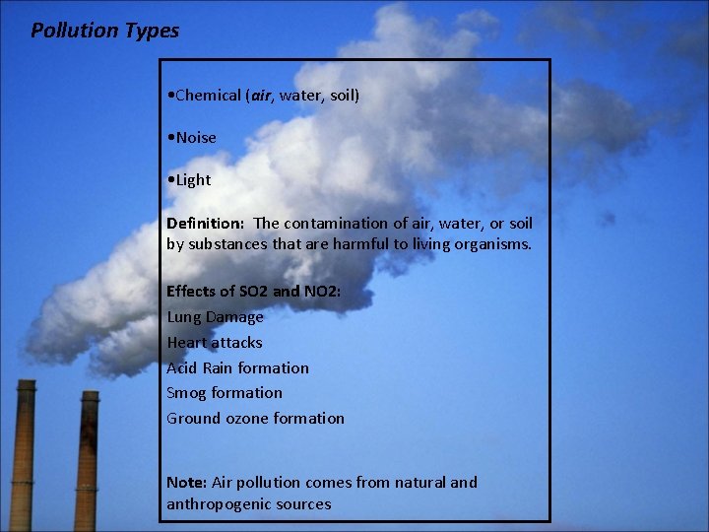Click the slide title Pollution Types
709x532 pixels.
104,31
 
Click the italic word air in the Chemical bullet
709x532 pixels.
261,96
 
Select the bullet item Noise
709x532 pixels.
194,138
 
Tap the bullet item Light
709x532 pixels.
191,180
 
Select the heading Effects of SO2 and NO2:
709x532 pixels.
254,292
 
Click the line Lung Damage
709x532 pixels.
215,317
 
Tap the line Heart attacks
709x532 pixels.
215,343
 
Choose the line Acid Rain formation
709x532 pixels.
237,368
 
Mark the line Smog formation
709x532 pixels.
225,393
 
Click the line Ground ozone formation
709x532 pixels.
255,419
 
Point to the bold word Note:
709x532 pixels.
186,483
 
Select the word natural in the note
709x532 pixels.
419,483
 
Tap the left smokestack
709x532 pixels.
23,463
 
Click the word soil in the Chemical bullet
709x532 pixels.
341,96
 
